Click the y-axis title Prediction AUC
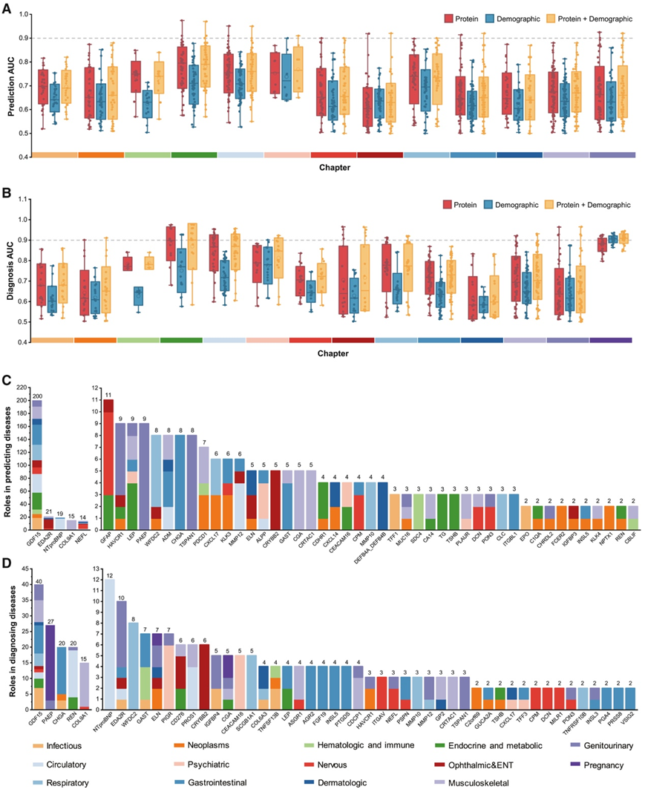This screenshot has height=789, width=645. point(10,84)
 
